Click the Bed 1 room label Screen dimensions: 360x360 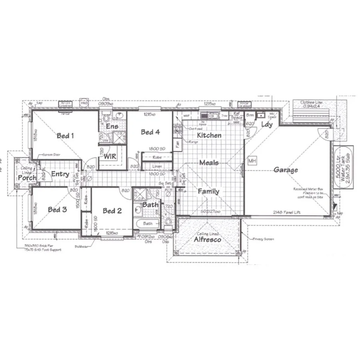(66, 136)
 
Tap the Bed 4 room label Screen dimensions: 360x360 (150, 132)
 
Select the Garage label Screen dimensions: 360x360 (286, 170)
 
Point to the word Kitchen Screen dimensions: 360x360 (209, 135)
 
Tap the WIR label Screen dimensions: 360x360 (110, 156)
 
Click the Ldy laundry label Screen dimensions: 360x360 (267, 124)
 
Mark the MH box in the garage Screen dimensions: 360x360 (252, 161)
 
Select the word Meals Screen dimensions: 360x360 (209, 163)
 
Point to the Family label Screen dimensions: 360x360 (208, 192)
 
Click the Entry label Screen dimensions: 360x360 (60, 174)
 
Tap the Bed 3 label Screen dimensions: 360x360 (57, 210)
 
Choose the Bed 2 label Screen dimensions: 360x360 (112, 211)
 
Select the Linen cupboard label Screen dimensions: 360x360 (157, 166)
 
